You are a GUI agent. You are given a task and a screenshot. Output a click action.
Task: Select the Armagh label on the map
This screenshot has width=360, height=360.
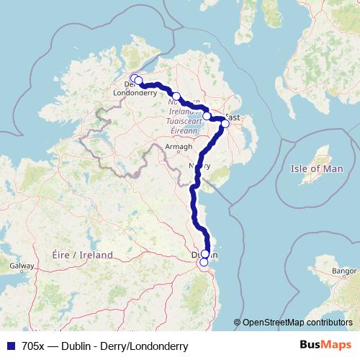tap(179, 147)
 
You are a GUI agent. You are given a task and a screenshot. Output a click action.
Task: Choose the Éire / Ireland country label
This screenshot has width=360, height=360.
tap(83, 255)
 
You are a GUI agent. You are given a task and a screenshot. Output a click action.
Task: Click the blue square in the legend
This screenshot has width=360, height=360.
tap(10, 346)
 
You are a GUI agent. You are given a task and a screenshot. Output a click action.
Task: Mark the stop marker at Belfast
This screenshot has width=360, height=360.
tap(225, 123)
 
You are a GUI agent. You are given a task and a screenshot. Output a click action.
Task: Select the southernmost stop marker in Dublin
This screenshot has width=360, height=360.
tap(204, 262)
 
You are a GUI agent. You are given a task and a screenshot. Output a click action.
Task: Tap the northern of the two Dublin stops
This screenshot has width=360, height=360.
tap(205, 253)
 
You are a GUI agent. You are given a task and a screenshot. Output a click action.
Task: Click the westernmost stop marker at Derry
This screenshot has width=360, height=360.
tap(133, 78)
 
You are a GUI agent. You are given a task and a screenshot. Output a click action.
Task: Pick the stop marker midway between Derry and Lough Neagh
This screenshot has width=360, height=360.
tap(176, 96)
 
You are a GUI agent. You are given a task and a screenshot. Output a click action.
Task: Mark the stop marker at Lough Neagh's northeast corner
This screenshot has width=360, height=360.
tap(207, 116)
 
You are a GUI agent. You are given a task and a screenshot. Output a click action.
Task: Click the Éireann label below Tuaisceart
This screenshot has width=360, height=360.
tap(185, 130)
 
